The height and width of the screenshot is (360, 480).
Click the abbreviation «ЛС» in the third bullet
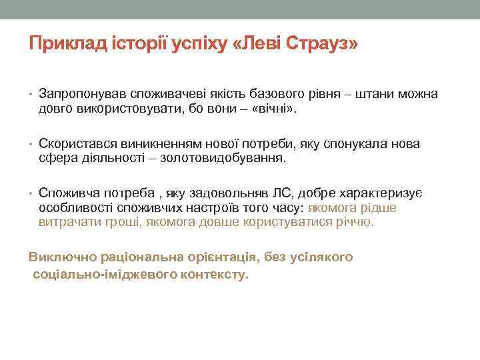[x=281, y=193]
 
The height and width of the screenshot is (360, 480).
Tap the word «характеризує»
[x=379, y=193]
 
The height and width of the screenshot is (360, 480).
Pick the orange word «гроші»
[x=118, y=221]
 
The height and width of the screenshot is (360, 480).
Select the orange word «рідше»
[x=378, y=207]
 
